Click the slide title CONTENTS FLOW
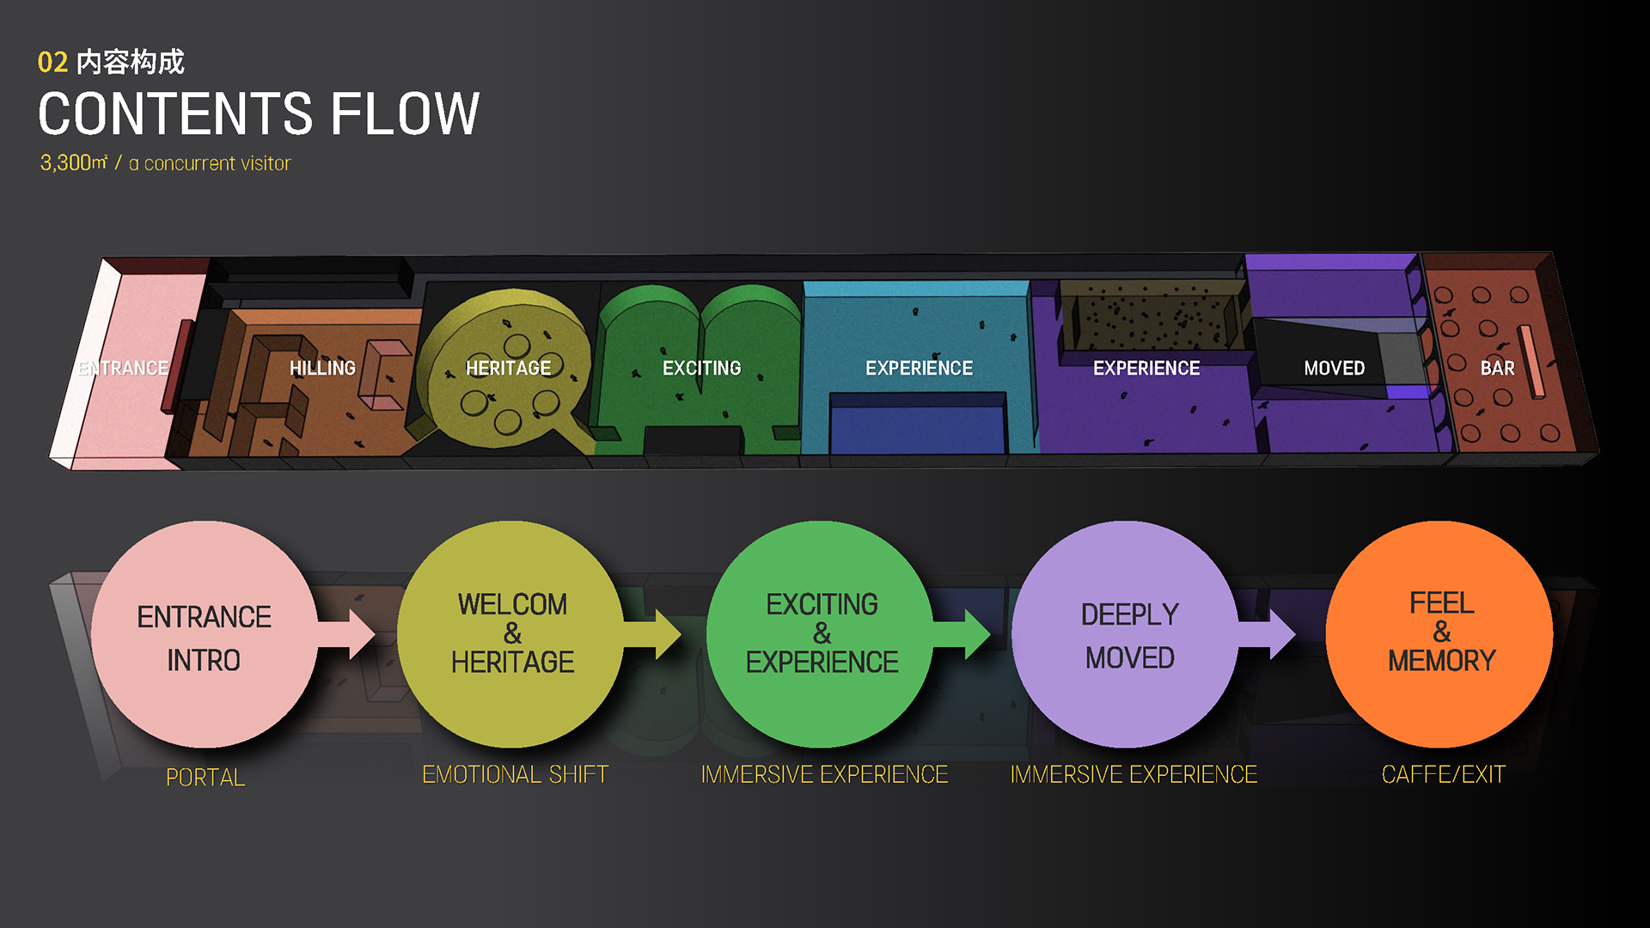click(259, 114)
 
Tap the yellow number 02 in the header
click(52, 63)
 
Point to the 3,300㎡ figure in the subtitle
click(74, 162)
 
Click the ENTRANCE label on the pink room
click(123, 369)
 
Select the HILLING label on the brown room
click(322, 369)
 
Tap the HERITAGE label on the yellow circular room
click(508, 369)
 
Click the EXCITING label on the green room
click(701, 369)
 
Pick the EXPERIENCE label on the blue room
click(919, 369)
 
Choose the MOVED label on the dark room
click(1334, 369)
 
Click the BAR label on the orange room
click(1497, 369)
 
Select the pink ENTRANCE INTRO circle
click(204, 634)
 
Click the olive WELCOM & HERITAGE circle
click(512, 634)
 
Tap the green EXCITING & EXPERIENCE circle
click(822, 634)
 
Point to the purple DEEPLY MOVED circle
click(1128, 634)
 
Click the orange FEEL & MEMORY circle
click(1440, 634)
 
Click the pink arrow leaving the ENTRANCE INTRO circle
click(352, 634)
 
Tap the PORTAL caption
click(205, 778)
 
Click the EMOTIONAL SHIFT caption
click(515, 775)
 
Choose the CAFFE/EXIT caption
click(1443, 775)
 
